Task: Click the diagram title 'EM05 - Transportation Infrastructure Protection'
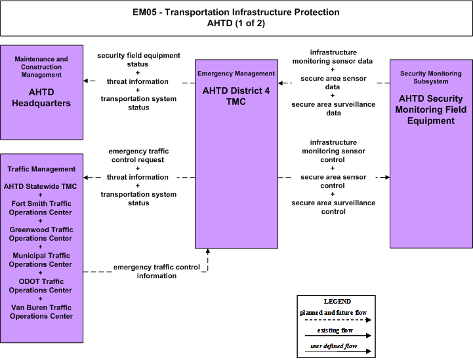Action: (x=236, y=12)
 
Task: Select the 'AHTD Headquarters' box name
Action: (x=41, y=98)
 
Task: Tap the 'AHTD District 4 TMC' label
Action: (x=236, y=96)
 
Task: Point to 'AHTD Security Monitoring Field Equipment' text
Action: (x=431, y=110)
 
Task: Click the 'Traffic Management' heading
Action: (x=41, y=169)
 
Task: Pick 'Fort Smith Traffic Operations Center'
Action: (x=41, y=208)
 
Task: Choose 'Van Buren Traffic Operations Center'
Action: (x=41, y=311)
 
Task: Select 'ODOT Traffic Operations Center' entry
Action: (x=41, y=285)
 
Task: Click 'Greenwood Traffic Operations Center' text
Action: (x=41, y=233)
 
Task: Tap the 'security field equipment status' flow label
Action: (x=138, y=60)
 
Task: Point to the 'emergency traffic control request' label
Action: (x=138, y=155)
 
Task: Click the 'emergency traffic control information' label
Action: (x=157, y=271)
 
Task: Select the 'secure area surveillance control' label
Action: (x=333, y=207)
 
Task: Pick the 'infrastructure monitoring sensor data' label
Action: (x=333, y=56)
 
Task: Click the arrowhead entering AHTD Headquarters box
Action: (x=85, y=81)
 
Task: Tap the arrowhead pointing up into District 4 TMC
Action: (x=207, y=251)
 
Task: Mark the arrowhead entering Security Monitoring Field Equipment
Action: (x=387, y=177)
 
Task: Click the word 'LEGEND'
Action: (x=337, y=301)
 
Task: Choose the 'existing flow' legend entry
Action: (x=335, y=330)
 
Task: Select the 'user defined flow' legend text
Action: (x=334, y=346)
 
